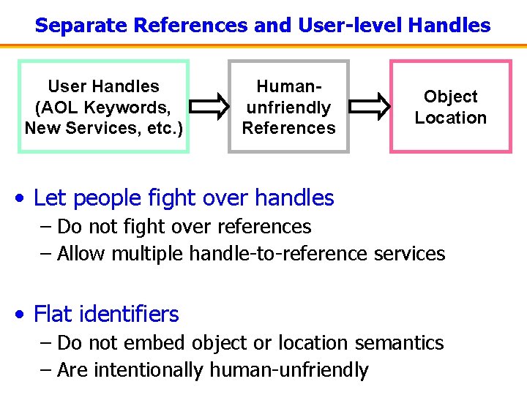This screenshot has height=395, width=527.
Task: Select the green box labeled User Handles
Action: click(x=103, y=107)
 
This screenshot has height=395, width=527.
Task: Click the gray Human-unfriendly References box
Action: click(x=289, y=107)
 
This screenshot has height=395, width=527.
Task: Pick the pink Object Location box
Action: click(x=450, y=107)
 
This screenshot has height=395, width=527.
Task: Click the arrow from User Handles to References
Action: click(x=209, y=106)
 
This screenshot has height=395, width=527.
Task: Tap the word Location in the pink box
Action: click(x=450, y=118)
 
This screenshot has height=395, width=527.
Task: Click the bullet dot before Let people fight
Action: click(x=23, y=198)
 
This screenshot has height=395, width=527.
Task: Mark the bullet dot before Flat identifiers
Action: click(x=23, y=315)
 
